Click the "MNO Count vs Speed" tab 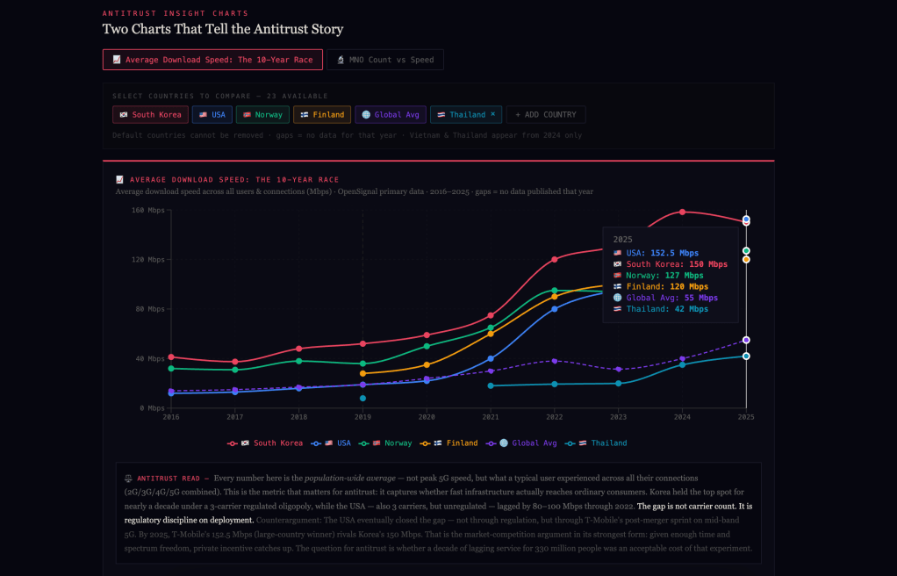point(385,60)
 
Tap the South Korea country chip point(150,114)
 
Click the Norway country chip point(262,114)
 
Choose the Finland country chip point(322,114)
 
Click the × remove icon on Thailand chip point(492,114)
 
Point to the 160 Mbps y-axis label point(148,211)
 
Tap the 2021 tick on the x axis point(491,417)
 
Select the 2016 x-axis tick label point(171,417)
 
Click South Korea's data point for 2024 point(682,212)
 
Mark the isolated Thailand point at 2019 point(362,399)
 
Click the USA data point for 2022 point(554,309)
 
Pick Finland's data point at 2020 point(427,364)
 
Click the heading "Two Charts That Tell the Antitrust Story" point(223,29)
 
